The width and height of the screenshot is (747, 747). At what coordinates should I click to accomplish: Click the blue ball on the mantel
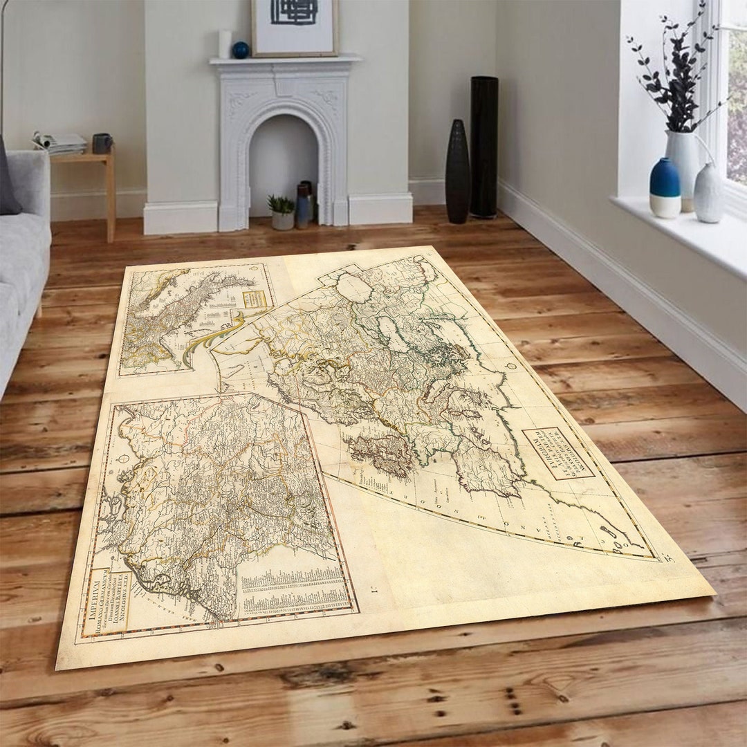(240, 50)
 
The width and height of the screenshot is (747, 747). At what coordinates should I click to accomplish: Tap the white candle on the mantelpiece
(224, 44)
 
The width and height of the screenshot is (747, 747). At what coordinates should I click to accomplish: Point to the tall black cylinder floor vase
(484, 147)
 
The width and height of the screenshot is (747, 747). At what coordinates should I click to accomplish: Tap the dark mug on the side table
(102, 143)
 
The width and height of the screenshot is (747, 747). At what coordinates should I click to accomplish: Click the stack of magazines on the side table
(60, 142)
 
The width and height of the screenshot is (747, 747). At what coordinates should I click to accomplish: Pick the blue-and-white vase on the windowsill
(665, 188)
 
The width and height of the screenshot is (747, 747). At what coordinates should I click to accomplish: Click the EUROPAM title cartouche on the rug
(557, 453)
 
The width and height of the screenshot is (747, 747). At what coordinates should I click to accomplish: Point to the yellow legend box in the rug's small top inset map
(255, 299)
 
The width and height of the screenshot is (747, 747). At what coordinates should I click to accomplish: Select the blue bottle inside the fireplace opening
(302, 206)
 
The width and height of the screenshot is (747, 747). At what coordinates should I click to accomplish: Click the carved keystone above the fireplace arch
(284, 86)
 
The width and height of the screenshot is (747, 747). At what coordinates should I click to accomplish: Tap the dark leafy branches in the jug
(674, 76)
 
